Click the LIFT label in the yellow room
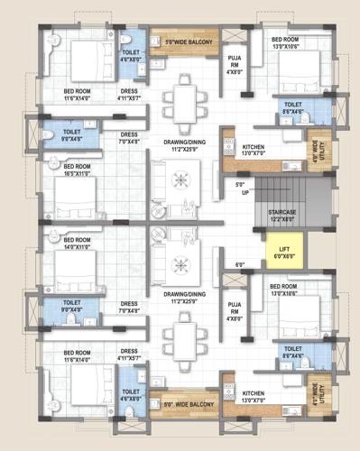284,253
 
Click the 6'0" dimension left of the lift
239,265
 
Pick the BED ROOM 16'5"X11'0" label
77,168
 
